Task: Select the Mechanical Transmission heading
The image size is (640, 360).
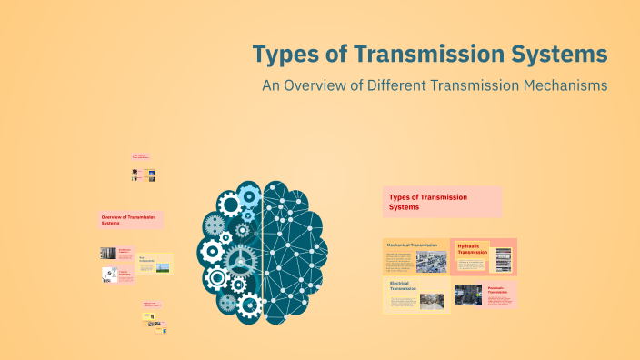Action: pos(412,245)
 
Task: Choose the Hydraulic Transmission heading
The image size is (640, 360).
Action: pos(472,249)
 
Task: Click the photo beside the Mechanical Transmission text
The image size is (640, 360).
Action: pos(431,262)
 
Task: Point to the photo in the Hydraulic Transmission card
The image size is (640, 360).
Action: pos(503,258)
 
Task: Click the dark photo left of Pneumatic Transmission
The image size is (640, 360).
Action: pos(470,295)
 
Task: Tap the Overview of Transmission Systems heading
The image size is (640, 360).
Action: pos(128,220)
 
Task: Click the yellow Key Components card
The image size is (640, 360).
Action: pos(155,265)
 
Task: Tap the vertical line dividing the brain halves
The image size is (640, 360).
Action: pos(263,250)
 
